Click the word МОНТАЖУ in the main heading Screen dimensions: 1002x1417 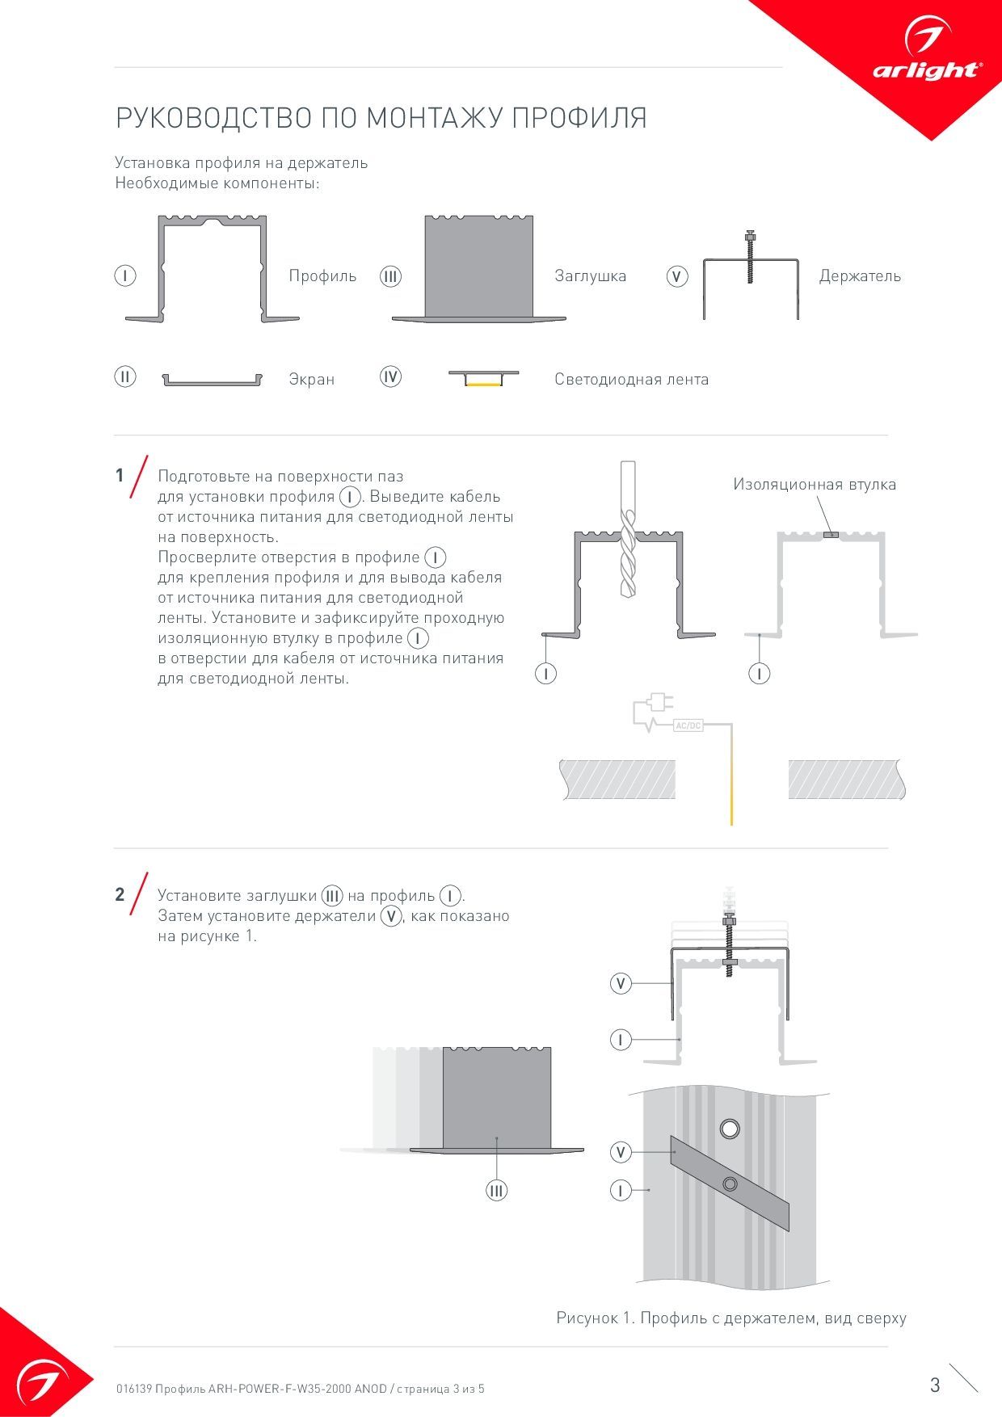point(436,118)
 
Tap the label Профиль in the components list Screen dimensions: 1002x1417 point(322,275)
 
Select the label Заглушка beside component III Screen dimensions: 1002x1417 point(590,275)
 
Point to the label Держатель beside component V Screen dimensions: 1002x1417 point(860,275)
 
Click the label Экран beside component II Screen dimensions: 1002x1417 point(311,379)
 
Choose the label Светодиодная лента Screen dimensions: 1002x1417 point(631,379)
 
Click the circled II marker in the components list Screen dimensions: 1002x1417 point(124,376)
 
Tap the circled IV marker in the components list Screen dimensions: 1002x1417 point(390,376)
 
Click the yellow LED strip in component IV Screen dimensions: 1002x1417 point(484,385)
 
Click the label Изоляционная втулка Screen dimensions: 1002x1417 point(815,484)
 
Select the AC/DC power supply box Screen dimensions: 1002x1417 point(688,725)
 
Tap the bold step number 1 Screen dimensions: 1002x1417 point(120,475)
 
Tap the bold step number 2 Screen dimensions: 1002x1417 point(120,894)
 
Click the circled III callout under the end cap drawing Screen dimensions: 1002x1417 point(496,1190)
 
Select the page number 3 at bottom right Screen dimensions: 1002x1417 point(935,1385)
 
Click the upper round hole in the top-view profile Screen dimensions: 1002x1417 point(730,1129)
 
